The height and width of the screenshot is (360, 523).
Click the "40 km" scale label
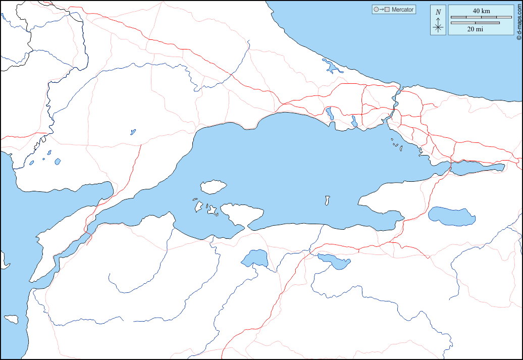click(x=481, y=11)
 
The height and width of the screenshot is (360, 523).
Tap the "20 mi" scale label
click(x=475, y=29)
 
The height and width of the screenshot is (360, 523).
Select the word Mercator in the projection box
click(x=402, y=10)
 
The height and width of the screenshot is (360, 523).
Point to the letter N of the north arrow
click(x=438, y=12)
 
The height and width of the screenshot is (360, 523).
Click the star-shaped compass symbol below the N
click(x=438, y=27)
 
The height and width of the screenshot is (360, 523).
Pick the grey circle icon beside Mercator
click(x=376, y=10)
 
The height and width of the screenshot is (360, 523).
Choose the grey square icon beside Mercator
click(x=387, y=10)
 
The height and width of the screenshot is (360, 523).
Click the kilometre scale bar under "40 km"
click(x=481, y=18)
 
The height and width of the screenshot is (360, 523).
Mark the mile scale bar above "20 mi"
click(x=475, y=23)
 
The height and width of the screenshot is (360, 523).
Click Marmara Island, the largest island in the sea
click(x=213, y=187)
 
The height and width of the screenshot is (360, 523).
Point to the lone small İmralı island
click(x=328, y=201)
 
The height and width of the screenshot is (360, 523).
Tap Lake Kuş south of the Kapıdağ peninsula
click(x=255, y=258)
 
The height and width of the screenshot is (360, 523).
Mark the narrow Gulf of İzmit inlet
click(x=477, y=168)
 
